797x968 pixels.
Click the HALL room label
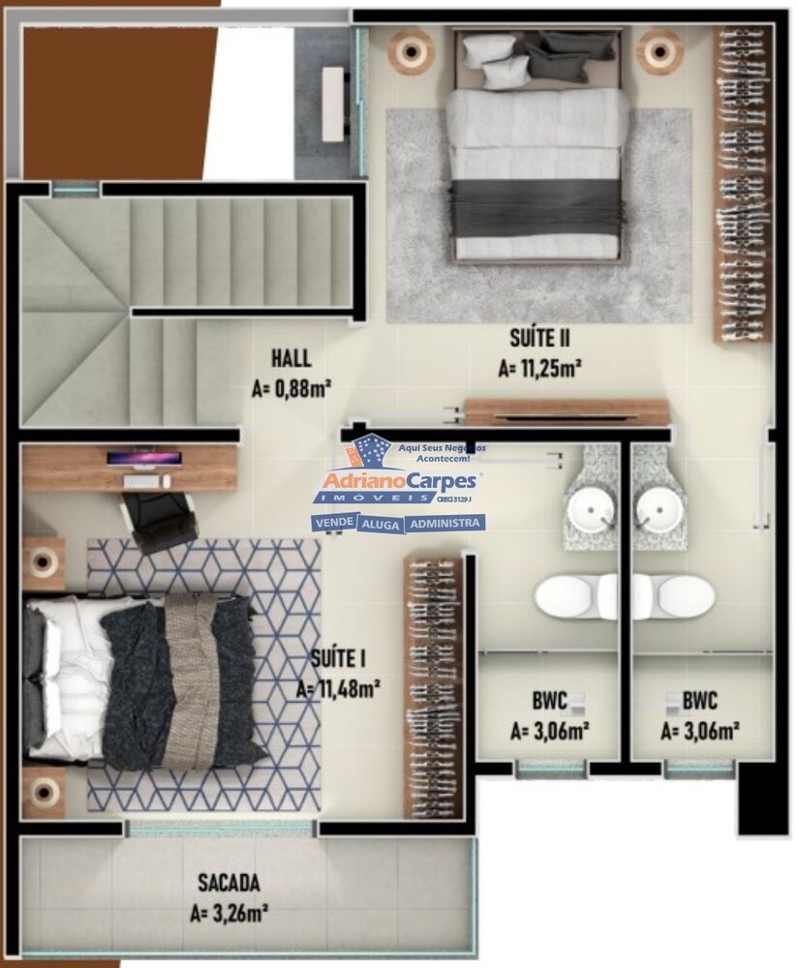pos(291,358)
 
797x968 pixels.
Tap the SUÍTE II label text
pos(539,338)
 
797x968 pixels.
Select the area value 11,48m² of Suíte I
pos(337,688)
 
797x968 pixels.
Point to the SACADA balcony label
pos(229,883)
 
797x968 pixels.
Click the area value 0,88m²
pos(291,389)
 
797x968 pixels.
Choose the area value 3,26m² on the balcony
pos(229,912)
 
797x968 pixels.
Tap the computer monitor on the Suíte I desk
pos(143,459)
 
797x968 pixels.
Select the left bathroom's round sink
pos(588,510)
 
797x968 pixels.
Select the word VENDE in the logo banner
pos(333,523)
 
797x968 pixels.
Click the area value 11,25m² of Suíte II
pos(539,369)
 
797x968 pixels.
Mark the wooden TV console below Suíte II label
pos(567,412)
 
